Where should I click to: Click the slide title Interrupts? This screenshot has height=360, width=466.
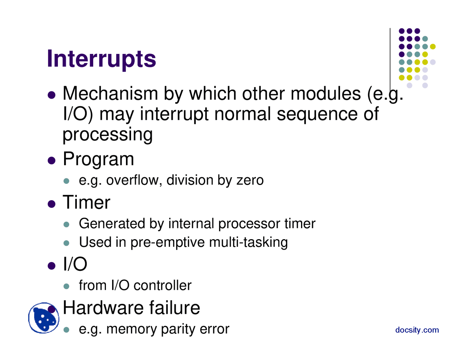click(x=101, y=59)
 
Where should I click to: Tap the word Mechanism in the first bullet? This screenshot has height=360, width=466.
click(x=110, y=94)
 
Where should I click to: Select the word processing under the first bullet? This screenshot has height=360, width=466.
click(x=107, y=134)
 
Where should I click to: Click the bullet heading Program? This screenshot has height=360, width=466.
click(x=98, y=159)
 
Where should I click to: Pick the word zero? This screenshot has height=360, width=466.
click(x=250, y=180)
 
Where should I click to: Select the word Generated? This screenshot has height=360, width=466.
click(x=112, y=223)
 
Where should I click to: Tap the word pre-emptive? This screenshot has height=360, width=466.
click(x=167, y=242)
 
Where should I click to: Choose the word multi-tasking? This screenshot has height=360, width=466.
click(x=248, y=242)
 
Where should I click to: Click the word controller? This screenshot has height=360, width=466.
click(x=162, y=285)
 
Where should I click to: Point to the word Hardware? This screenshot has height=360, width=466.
click(x=103, y=308)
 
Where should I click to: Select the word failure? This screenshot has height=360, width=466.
click(x=174, y=308)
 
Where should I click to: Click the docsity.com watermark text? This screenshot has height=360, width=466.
click(x=417, y=330)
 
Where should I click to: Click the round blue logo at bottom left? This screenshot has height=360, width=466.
click(x=44, y=318)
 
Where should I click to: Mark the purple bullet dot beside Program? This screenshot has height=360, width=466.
click(x=51, y=161)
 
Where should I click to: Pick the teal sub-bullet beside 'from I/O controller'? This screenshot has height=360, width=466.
click(x=67, y=286)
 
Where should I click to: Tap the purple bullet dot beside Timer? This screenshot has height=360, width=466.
click(x=51, y=204)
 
